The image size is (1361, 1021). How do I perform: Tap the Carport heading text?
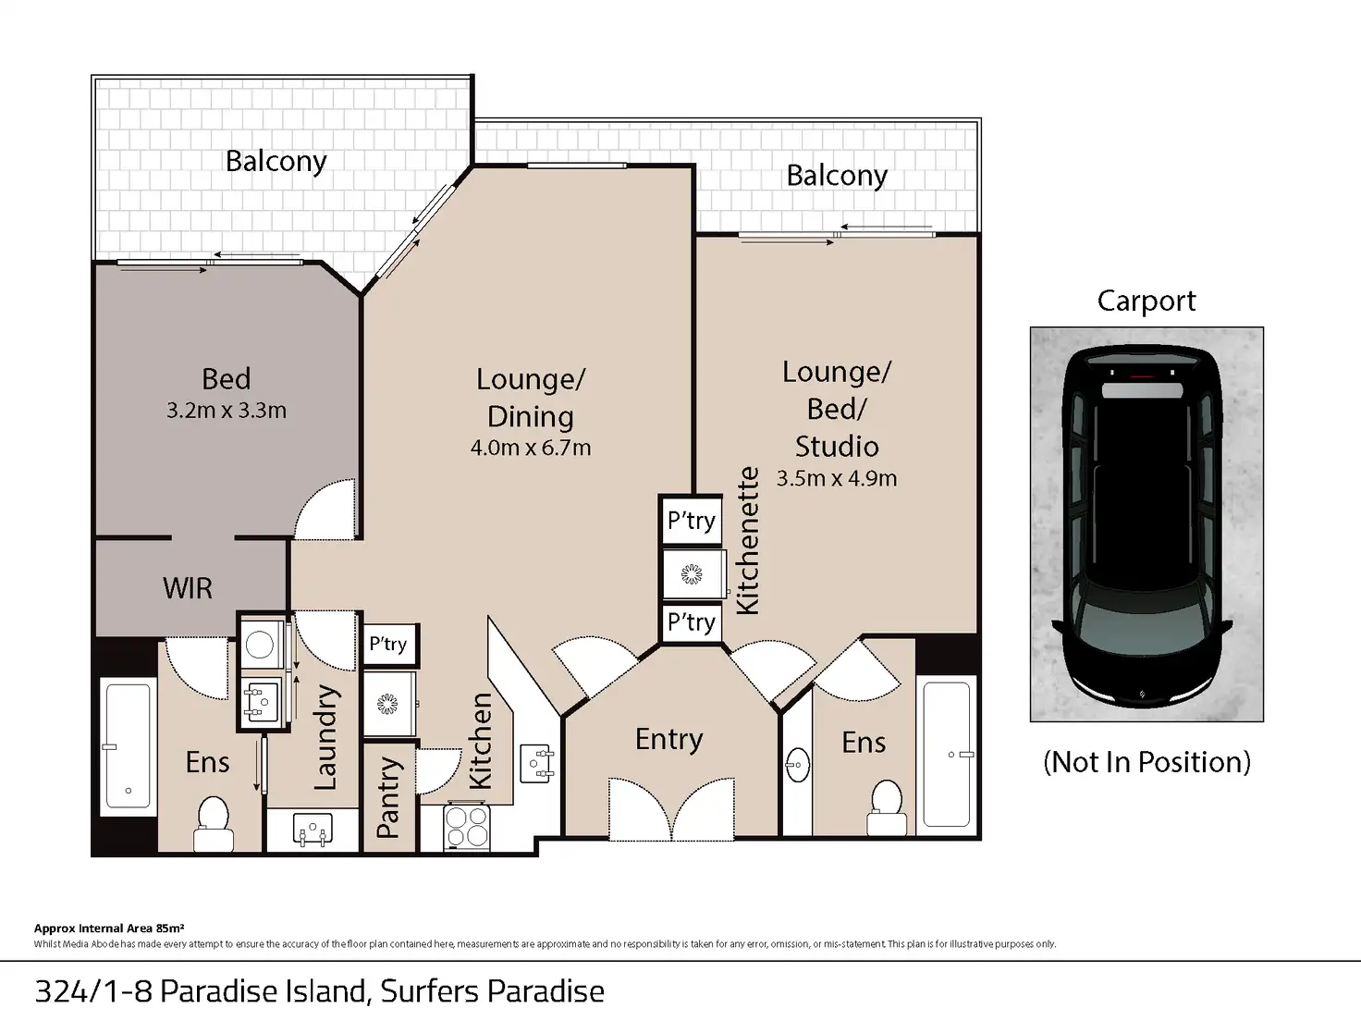coord(1146,301)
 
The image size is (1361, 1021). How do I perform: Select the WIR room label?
coord(188,587)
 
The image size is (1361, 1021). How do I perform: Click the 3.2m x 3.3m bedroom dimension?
coord(227,411)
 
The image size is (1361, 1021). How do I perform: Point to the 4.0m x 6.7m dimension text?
coord(531,448)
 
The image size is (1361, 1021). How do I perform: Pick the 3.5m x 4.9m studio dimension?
coord(837,478)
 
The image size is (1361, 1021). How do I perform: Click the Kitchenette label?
coord(748,541)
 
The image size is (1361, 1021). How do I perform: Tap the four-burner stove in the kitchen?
coord(467,827)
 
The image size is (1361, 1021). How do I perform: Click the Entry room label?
coord(669,740)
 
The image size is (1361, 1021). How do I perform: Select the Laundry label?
coord(325,738)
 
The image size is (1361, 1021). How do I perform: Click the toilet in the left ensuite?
coord(214,823)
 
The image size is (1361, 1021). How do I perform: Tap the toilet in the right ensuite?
coord(887,807)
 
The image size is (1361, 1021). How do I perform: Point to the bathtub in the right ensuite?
coord(947,755)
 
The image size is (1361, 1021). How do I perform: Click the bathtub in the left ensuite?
coord(129,745)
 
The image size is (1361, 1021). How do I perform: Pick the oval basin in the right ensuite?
coord(797,765)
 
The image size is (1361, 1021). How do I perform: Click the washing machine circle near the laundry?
coord(259,646)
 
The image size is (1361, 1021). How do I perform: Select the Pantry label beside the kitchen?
coord(387,797)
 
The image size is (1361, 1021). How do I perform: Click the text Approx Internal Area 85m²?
coord(109,928)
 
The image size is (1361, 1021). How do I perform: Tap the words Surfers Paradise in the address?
coord(492,991)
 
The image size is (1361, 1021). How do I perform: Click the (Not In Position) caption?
coord(1146,762)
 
